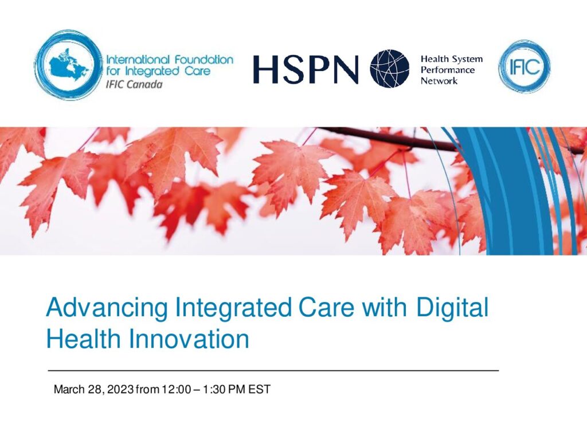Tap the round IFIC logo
coord(524,66)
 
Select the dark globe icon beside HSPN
coord(389,69)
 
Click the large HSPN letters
coord(306,69)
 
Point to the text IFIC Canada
coord(134,85)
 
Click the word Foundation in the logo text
coord(204,60)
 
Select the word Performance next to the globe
coord(447,70)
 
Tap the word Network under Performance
coord(439,80)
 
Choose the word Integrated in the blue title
coord(233,308)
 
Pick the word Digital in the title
coord(452,308)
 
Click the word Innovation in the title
coord(189,339)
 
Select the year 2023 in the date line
coord(120,390)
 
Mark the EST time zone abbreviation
coord(259,390)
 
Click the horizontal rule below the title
coord(273,371)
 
